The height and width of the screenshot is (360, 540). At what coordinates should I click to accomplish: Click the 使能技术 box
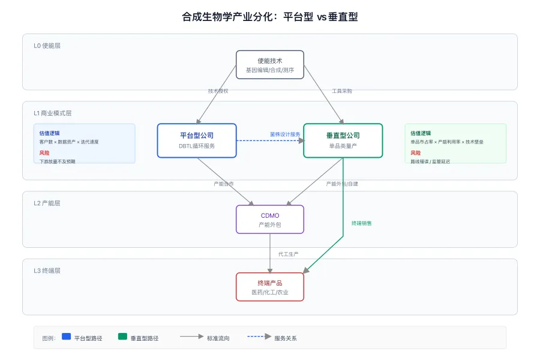(x=269, y=65)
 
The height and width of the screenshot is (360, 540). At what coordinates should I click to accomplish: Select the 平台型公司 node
(x=197, y=140)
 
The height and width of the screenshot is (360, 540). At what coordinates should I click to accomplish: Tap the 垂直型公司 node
(x=343, y=140)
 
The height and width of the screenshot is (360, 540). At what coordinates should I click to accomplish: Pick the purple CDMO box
(x=269, y=219)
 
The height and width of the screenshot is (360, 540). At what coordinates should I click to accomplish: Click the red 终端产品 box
(x=269, y=287)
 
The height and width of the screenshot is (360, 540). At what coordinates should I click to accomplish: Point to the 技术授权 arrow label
(x=218, y=91)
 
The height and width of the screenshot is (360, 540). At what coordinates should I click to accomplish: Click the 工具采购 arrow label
(x=342, y=91)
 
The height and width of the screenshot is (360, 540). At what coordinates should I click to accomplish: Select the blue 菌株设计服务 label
(x=285, y=134)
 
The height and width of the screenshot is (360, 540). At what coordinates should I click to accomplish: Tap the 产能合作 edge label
(x=224, y=184)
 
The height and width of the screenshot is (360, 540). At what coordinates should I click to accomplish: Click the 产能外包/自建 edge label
(x=342, y=184)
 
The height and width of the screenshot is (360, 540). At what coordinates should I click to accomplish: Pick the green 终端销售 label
(x=361, y=223)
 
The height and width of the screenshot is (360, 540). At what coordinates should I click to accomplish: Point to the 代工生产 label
(x=289, y=254)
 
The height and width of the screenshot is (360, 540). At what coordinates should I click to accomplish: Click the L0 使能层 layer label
(x=47, y=46)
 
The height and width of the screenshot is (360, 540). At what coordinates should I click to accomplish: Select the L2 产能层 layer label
(x=47, y=203)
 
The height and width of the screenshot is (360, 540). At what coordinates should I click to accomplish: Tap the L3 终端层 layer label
(x=47, y=271)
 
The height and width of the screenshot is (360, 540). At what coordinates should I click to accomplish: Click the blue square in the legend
(x=66, y=337)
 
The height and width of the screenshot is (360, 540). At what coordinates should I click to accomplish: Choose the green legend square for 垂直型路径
(x=122, y=337)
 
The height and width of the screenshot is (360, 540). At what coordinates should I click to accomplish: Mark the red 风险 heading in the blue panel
(x=44, y=153)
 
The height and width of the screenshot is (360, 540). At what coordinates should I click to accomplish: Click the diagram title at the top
(x=269, y=17)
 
